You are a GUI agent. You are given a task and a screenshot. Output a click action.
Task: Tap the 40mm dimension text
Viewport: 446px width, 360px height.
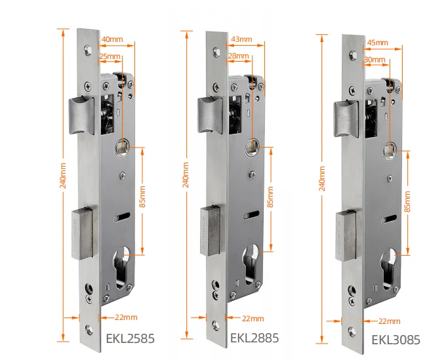tap(112, 39)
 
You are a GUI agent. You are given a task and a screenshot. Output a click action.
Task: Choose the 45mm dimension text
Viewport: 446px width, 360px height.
tap(378, 43)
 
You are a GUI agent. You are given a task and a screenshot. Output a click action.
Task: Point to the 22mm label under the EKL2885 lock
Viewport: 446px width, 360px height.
tap(253, 319)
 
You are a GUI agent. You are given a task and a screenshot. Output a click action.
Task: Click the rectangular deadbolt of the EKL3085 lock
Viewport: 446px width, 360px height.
tap(348, 234)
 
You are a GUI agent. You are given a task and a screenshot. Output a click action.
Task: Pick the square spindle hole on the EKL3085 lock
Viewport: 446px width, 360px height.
tap(391, 151)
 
